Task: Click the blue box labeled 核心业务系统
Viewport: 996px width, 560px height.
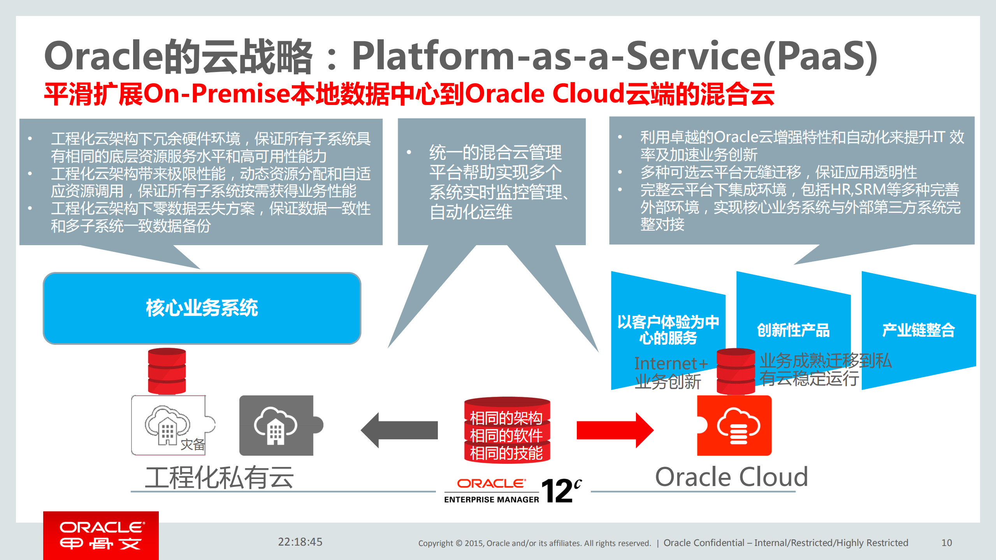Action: pyautogui.click(x=202, y=308)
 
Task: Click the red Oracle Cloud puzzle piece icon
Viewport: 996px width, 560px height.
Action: pyautogui.click(x=734, y=426)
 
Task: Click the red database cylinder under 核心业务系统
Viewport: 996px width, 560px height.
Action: pyautogui.click(x=167, y=371)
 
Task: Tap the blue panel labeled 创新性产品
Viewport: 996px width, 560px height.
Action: pyautogui.click(x=793, y=330)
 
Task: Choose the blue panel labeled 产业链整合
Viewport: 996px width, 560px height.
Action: pyautogui.click(x=918, y=330)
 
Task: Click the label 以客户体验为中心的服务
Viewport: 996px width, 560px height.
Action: pyautogui.click(x=668, y=330)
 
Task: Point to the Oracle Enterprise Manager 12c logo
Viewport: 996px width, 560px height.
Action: pyautogui.click(x=513, y=491)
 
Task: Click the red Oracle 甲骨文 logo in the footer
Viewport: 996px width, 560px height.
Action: pyautogui.click(x=101, y=535)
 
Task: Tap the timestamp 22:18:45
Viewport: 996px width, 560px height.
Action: pyautogui.click(x=300, y=542)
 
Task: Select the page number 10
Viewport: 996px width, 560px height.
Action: pyautogui.click(x=947, y=542)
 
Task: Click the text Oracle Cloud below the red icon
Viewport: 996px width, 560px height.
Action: pyautogui.click(x=731, y=477)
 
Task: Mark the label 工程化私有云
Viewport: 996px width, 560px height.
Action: pyautogui.click(x=219, y=477)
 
